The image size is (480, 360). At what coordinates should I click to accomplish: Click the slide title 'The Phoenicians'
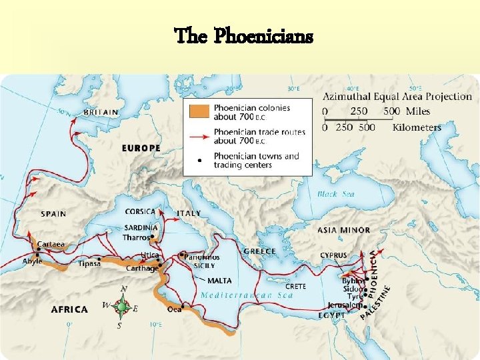coord(243,36)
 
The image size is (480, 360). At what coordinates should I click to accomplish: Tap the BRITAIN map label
coord(101,113)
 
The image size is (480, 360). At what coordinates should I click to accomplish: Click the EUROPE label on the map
coord(141,147)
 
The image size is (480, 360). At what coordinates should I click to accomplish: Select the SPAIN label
coord(53,214)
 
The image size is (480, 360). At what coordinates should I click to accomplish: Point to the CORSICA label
coord(140,211)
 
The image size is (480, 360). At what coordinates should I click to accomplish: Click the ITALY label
coord(189,213)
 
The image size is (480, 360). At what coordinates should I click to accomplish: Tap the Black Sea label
coord(336,194)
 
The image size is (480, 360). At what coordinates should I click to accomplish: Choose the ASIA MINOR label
coord(344,230)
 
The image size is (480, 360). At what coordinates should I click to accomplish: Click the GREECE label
coord(260,251)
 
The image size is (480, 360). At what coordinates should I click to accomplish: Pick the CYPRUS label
coord(333,255)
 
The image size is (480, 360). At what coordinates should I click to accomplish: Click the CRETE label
coord(296,286)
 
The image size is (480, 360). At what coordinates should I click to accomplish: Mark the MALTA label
coord(219,281)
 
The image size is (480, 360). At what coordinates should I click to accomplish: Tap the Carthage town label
coord(142,268)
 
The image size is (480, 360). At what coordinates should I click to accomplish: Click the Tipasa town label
coord(89,263)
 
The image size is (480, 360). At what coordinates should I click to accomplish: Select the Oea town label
coord(175,309)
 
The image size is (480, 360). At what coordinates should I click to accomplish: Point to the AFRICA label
coord(69,309)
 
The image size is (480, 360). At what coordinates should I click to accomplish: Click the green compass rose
coord(121,307)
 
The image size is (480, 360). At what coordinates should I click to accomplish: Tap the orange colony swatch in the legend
coord(199,110)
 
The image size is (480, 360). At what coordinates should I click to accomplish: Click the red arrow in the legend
coord(199,136)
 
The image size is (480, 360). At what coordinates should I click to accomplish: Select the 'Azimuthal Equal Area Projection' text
coord(396,97)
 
